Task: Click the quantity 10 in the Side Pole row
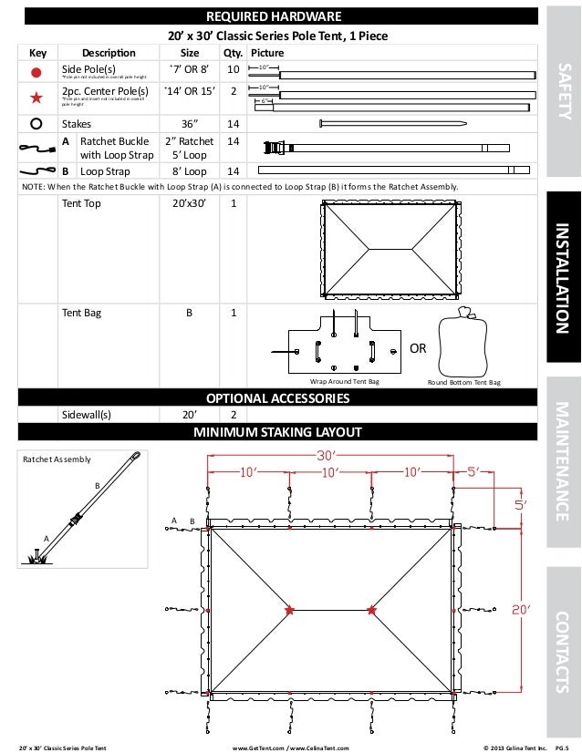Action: (x=233, y=69)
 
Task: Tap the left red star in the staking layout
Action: (x=290, y=610)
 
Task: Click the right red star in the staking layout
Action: (x=370, y=610)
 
